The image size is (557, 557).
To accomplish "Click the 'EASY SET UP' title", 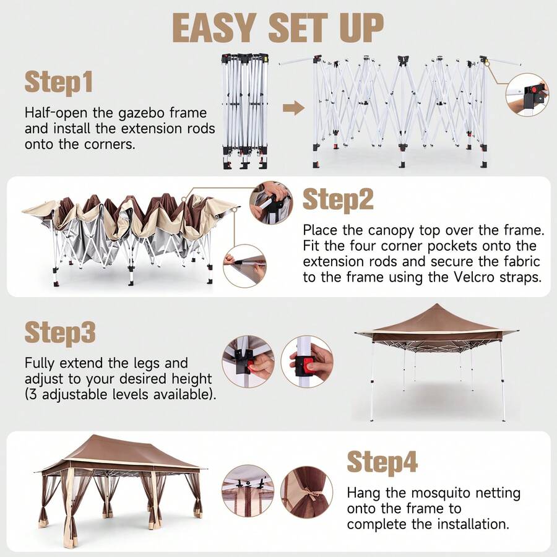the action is point(278,28).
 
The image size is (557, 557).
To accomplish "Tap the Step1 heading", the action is point(59,82).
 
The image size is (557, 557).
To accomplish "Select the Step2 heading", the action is point(338,200).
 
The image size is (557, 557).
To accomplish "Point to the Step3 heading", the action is point(60,333).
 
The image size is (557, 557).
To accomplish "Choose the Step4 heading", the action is point(382,462).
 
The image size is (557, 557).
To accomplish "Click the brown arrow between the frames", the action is point(293,108).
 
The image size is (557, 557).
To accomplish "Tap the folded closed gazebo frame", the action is point(244,111).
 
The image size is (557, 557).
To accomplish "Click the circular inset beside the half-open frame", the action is point(527,95).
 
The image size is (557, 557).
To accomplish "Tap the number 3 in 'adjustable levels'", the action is point(32,395).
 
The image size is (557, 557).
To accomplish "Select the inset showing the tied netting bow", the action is point(307,492).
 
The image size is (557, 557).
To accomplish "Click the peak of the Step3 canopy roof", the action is point(436,304).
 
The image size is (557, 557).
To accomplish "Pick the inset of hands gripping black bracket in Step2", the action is point(271,202).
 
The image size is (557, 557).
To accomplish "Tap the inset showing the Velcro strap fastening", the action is point(244,266).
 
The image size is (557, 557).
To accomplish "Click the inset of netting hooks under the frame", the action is point(248,491).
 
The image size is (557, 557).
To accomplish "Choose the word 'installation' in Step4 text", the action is point(473,524).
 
